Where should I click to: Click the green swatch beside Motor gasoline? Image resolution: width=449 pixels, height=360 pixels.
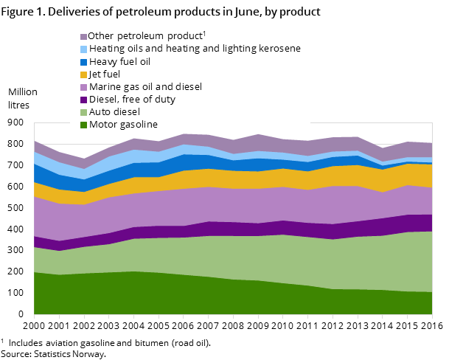(x=84, y=125)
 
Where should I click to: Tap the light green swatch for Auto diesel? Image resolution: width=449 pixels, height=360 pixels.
(x=84, y=112)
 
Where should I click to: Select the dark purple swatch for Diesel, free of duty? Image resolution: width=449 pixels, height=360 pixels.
(x=84, y=100)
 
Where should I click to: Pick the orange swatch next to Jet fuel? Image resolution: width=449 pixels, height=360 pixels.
(x=84, y=75)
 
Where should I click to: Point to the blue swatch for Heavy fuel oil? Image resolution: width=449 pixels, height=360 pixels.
(x=84, y=62)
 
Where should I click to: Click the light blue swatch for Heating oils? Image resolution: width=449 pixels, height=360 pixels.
(x=84, y=49)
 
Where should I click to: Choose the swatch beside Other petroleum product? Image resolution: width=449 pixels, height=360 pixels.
(x=84, y=37)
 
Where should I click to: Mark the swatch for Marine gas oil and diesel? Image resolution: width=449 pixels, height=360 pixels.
(x=84, y=87)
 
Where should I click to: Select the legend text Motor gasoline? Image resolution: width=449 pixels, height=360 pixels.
(x=123, y=124)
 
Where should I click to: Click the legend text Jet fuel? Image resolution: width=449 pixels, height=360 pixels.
(x=105, y=74)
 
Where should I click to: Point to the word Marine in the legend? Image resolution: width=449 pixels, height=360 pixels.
(x=105, y=86)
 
